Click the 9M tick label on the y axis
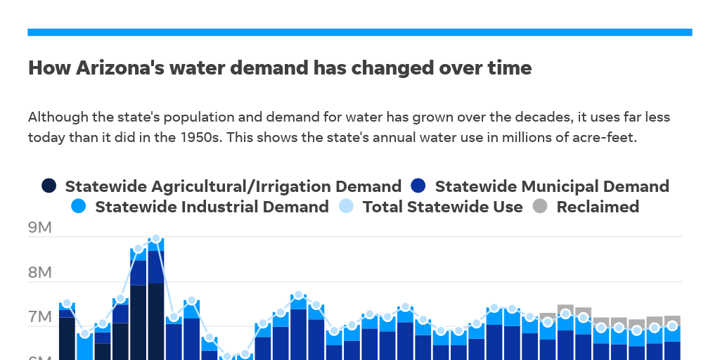point(39,229)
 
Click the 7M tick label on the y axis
point(39,318)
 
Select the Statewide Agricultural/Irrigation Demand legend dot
point(49,186)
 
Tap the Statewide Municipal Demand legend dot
point(418,186)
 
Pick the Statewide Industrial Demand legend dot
point(79,207)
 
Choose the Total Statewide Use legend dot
point(346,207)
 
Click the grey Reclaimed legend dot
point(540,207)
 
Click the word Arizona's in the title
point(115,68)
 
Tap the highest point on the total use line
point(156,239)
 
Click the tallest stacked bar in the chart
point(156,302)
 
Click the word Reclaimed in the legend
point(598,207)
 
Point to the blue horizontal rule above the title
point(360,32)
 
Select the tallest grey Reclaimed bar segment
point(565,310)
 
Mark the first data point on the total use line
point(67,303)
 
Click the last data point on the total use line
point(672,326)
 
